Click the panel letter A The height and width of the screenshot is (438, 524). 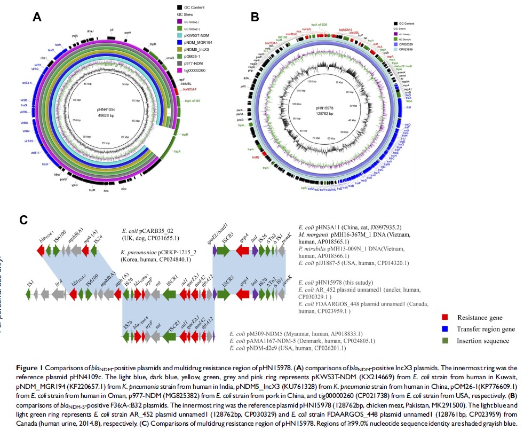[37, 17]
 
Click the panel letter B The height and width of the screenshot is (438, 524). [255, 17]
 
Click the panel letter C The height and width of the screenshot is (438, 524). [22, 220]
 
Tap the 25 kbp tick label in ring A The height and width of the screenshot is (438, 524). [107, 144]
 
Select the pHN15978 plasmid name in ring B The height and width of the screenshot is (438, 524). [328, 108]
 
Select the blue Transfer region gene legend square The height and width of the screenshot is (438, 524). [436, 330]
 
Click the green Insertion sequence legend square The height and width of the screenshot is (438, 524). [436, 340]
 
